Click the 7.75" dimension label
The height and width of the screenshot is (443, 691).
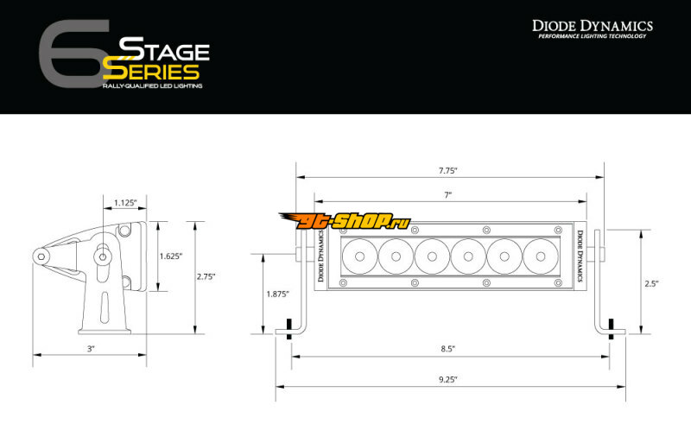447,171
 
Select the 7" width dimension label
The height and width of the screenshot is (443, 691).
448,195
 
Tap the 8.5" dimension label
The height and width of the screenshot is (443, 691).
447,349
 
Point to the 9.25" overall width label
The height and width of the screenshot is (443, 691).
448,379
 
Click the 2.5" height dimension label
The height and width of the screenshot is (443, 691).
651,284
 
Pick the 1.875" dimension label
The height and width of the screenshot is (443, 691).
277,294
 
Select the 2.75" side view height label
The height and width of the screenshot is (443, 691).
206,277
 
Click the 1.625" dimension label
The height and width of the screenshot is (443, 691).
170,256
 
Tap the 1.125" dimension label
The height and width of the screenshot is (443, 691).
125,203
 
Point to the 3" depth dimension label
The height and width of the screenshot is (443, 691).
91,349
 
